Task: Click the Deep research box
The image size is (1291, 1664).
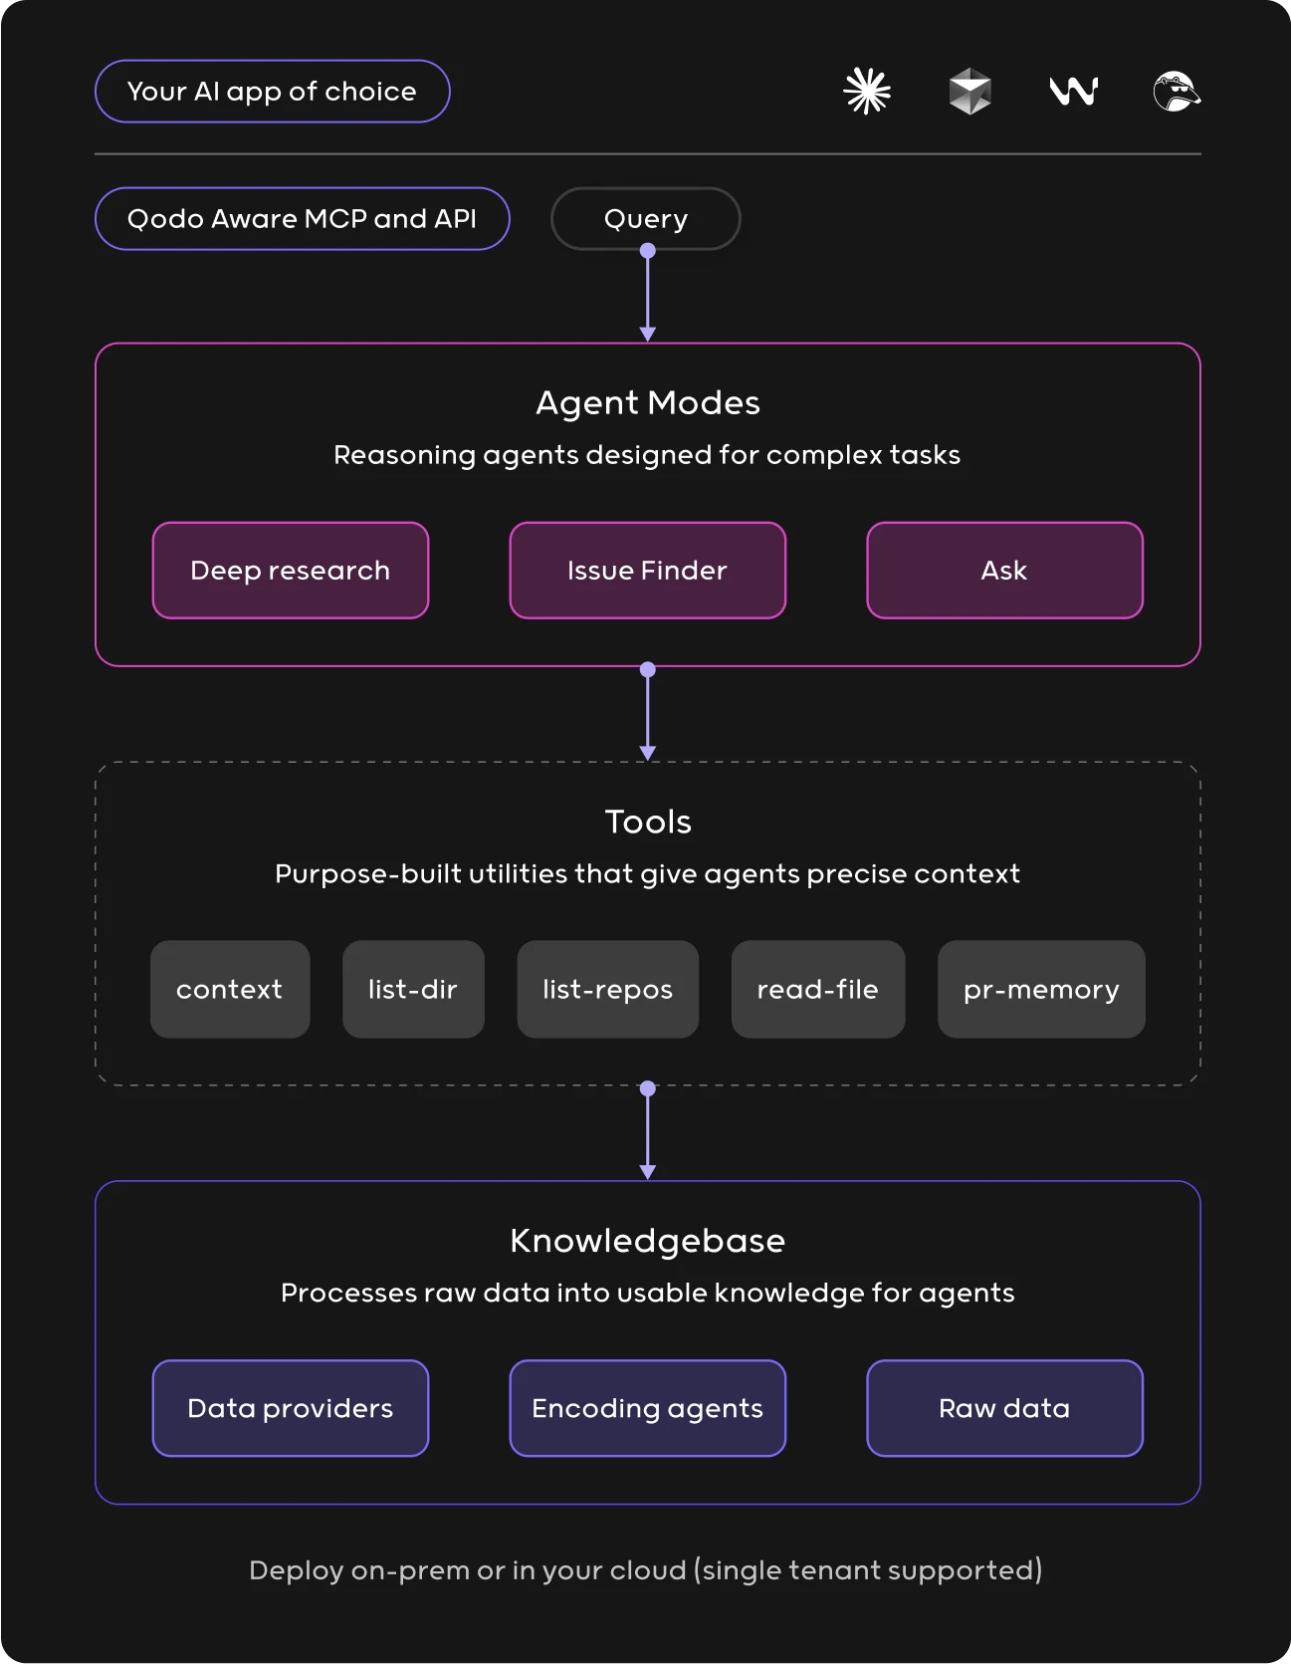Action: click(291, 571)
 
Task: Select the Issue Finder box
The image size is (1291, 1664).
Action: click(648, 571)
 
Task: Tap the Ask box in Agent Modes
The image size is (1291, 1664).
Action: click(1005, 571)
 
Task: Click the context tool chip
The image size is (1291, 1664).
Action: click(230, 990)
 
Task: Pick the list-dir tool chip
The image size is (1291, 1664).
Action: click(413, 990)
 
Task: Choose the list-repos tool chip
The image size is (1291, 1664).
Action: click(608, 990)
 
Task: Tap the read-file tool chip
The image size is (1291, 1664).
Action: click(818, 990)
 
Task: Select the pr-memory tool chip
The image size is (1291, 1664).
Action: click(1041, 990)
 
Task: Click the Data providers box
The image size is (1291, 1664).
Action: click(291, 1408)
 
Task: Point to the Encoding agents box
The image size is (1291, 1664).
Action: click(648, 1408)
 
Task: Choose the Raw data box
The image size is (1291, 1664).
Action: click(1005, 1408)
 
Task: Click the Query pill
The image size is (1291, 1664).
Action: click(646, 219)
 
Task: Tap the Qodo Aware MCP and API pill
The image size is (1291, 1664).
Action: click(303, 219)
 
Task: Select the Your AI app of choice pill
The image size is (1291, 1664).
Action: click(273, 92)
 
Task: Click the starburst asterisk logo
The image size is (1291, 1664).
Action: click(867, 92)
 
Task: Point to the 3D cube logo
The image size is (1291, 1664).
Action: click(970, 92)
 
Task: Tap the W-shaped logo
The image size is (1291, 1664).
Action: click(1074, 92)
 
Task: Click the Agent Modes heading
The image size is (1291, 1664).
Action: click(648, 402)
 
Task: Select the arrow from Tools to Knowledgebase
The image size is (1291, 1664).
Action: click(648, 1131)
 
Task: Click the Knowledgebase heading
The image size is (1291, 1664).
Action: click(648, 1241)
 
